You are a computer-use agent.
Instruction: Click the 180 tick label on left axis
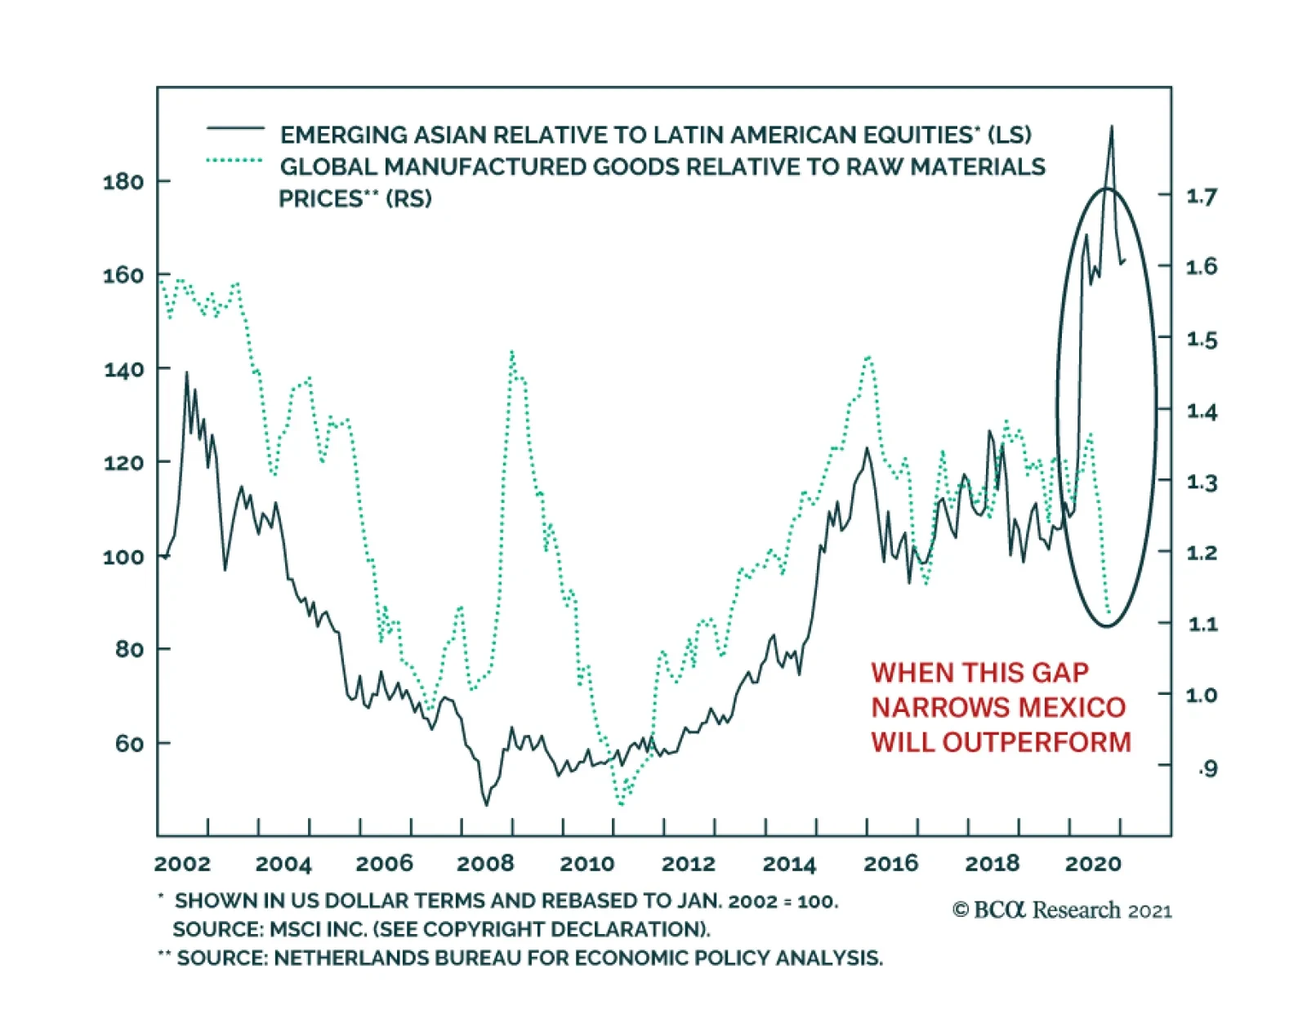123,181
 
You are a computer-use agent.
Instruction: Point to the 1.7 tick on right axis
1201,196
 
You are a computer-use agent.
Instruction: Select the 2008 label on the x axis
485,864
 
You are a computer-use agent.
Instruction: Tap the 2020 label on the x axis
1093,864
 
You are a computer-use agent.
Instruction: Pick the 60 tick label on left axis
129,743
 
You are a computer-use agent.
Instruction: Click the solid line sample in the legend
235,129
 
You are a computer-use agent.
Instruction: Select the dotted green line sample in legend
235,161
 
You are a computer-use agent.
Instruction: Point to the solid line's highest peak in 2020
1111,127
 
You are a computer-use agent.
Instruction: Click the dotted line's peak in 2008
512,353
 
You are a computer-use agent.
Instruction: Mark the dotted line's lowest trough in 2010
621,804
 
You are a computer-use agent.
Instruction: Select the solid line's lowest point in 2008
487,805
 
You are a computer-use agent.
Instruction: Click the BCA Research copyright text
1062,910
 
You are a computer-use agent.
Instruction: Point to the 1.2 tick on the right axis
1201,553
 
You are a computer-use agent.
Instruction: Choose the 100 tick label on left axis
123,557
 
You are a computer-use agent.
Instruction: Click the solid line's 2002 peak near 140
186,373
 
